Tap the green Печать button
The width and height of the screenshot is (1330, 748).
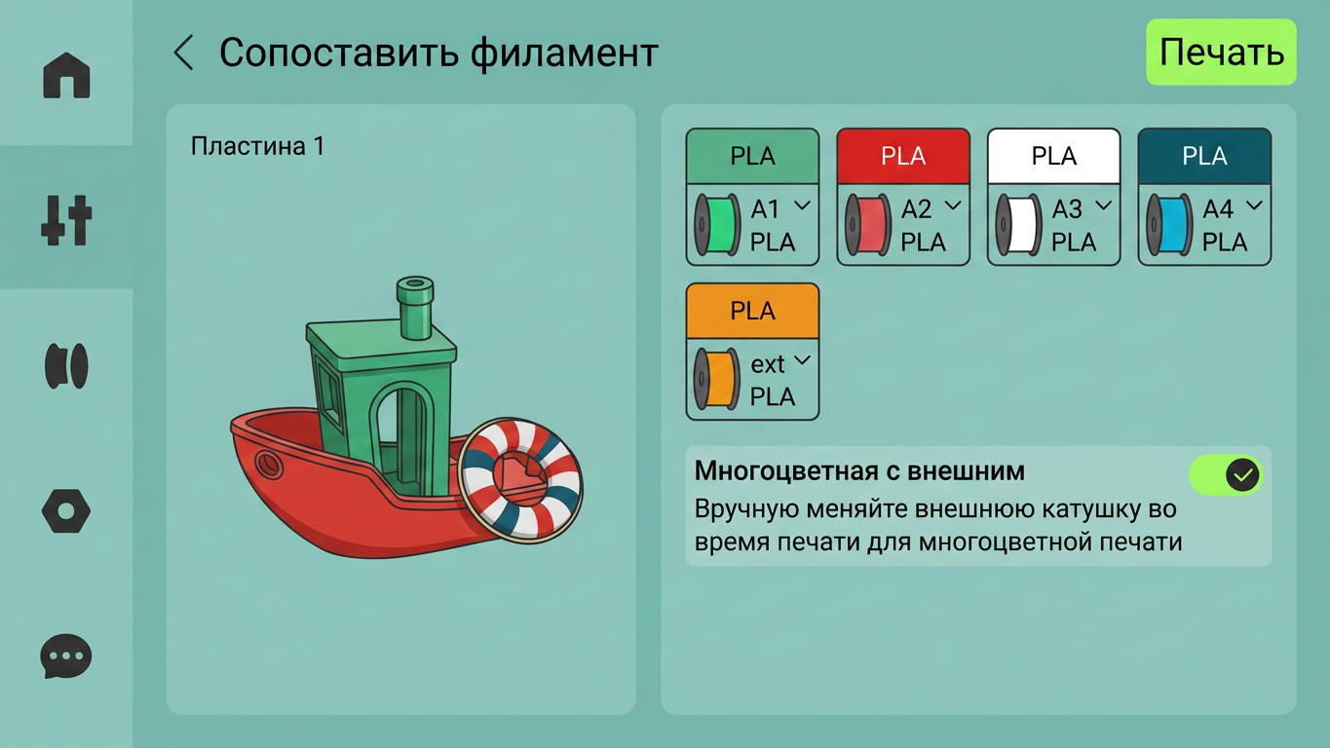(1221, 53)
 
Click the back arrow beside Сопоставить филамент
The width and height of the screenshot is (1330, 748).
(183, 53)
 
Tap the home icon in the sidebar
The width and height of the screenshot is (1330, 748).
(66, 75)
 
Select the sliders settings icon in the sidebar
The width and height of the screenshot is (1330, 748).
(66, 220)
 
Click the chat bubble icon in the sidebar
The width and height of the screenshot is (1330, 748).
(66, 656)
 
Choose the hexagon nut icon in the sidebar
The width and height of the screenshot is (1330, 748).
(66, 511)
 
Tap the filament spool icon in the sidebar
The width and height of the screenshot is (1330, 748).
(66, 365)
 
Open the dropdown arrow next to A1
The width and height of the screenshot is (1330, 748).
(802, 206)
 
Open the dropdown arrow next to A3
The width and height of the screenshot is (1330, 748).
(1104, 206)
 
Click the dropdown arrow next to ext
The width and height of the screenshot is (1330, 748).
(802, 360)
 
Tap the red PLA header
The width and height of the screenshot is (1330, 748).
(903, 156)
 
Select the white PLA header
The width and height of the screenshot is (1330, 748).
(1054, 156)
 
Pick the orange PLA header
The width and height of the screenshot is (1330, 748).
(752, 311)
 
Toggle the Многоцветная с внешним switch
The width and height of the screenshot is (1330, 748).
(1226, 475)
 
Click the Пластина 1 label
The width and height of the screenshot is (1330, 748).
(257, 146)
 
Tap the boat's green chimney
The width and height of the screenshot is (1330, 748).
(415, 308)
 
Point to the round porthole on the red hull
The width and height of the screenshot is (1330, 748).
(269, 464)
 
